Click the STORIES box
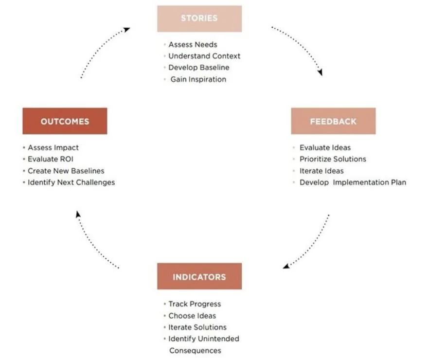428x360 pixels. [x=199, y=18]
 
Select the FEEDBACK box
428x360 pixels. [x=333, y=121]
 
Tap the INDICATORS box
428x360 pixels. [x=199, y=276]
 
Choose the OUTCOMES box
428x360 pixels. [x=65, y=121]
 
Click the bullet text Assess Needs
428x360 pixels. [x=193, y=44]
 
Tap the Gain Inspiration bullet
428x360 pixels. [x=198, y=79]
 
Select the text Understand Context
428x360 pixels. [x=204, y=56]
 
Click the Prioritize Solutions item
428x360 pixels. [x=333, y=159]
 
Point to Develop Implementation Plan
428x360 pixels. [x=353, y=182]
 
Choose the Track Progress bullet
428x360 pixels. [x=195, y=304]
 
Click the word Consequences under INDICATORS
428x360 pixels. [x=195, y=350]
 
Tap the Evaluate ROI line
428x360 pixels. [x=51, y=159]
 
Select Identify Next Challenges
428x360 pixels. [x=71, y=182]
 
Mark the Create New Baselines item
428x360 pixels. [x=66, y=171]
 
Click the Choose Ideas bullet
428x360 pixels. [x=192, y=316]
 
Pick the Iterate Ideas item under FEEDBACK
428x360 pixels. [x=321, y=171]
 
